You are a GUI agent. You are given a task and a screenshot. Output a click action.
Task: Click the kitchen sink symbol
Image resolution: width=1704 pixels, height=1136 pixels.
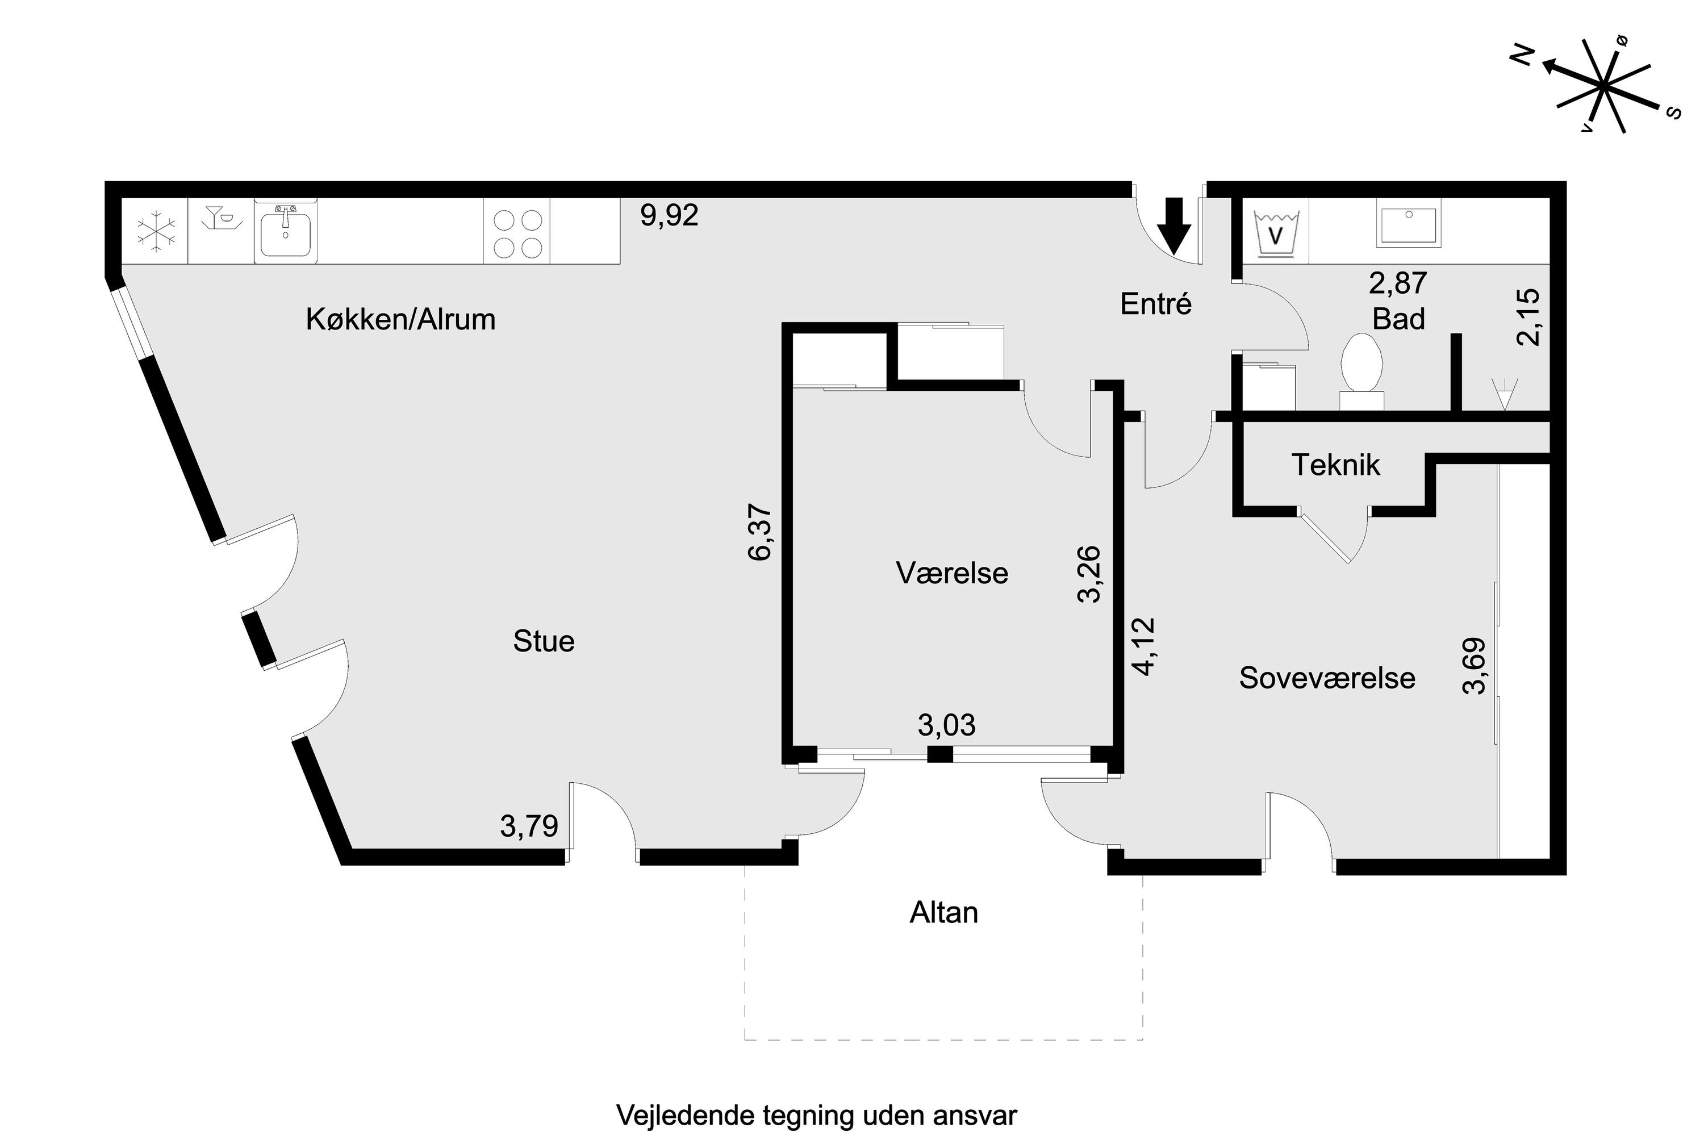point(286,231)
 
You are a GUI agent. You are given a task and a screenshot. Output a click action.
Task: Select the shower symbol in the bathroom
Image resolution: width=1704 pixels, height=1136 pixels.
point(1504,394)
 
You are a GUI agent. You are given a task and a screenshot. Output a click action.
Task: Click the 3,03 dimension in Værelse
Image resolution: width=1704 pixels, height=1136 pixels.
point(946,725)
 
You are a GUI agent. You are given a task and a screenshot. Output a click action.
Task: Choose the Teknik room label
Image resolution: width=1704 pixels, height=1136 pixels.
point(1335,465)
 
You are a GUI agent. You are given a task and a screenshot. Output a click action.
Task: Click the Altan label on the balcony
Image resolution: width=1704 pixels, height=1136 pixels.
point(943,913)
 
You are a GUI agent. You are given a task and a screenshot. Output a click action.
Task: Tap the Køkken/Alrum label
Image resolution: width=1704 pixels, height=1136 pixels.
point(400,319)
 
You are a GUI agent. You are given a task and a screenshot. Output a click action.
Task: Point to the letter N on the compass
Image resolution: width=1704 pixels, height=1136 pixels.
point(1523,55)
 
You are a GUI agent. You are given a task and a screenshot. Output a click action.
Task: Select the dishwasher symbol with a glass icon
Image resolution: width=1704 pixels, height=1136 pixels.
point(221,218)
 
